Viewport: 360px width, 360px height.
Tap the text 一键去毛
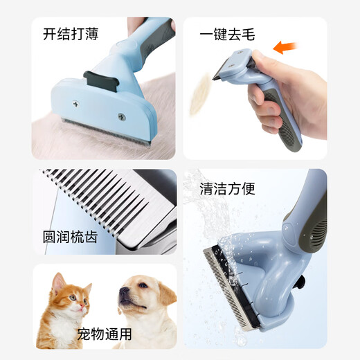tap(224, 33)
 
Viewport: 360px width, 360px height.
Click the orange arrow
tap(287, 48)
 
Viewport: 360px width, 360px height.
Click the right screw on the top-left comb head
tap(123, 116)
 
